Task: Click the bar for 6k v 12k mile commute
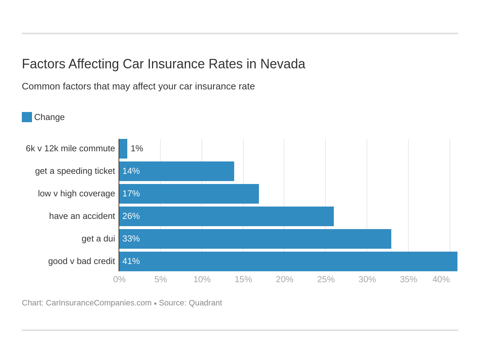coord(123,149)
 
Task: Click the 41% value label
coord(131,261)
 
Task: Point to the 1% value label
coord(137,149)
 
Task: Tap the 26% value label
coord(131,216)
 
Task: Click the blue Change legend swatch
coord(27,117)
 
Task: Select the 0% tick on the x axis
coord(119,279)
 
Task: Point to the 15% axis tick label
coord(243,279)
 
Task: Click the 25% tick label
coord(326,279)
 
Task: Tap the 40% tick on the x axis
coord(441,279)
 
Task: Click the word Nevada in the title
coord(283,64)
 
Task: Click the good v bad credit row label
coord(81,261)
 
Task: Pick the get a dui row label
coord(98,239)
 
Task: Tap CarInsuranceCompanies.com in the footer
coord(99,303)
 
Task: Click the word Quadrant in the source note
coord(205,303)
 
